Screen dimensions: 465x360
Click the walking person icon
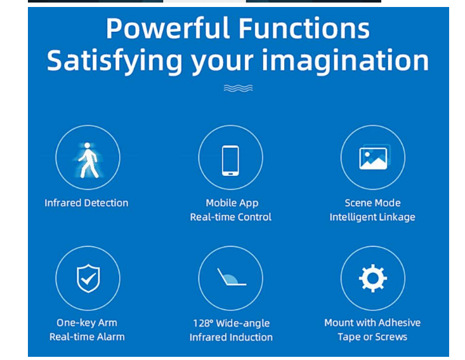[x=88, y=160]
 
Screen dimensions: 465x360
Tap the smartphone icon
[x=230, y=161]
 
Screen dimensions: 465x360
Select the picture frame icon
[x=374, y=157]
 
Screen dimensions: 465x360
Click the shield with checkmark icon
[x=88, y=278]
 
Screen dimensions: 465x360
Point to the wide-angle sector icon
[x=232, y=277]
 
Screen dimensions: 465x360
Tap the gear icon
[x=373, y=278]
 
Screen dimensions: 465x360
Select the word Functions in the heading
[x=304, y=29]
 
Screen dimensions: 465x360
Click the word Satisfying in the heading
[x=114, y=62]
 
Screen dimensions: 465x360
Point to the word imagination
[x=345, y=61]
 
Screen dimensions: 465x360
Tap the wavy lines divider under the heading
[x=238, y=88]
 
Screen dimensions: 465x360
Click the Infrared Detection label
[x=86, y=203]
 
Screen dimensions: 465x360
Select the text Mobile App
[x=232, y=203]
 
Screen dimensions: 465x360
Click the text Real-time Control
[x=230, y=217]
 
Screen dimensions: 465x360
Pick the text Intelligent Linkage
[x=372, y=217]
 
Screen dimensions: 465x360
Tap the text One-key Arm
[x=87, y=323]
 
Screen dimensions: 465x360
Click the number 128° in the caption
[x=203, y=323]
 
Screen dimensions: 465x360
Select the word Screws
[x=391, y=337]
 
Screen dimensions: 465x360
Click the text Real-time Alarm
[x=87, y=337]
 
